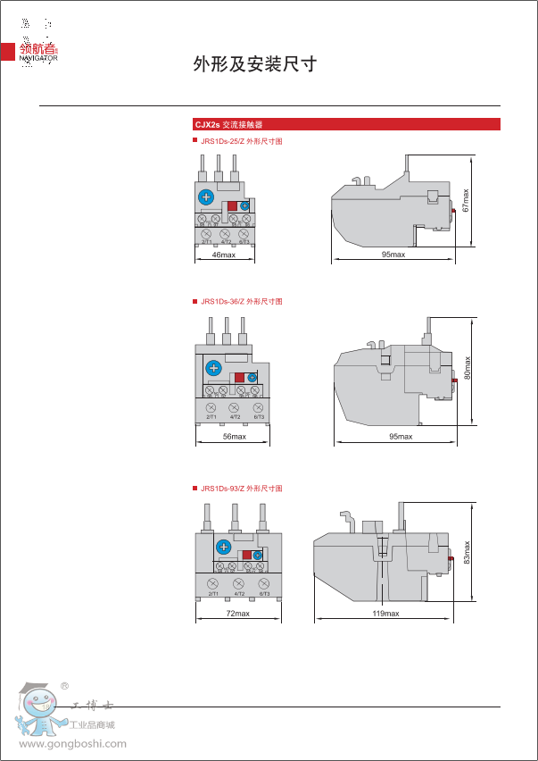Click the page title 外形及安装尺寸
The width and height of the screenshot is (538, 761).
255,64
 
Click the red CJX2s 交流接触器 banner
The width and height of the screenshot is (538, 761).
346,124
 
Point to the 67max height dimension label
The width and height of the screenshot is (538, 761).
466,198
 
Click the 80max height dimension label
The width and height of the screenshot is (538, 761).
467,368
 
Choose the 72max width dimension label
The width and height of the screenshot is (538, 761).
237,614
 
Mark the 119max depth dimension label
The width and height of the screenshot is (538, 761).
386,614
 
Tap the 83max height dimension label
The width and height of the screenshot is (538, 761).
467,550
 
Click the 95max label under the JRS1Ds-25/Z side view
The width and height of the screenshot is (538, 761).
393,255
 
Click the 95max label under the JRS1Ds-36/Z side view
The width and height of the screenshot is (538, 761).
401,437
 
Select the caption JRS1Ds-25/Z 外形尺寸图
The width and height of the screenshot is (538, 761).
241,141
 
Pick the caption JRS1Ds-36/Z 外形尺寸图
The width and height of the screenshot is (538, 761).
241,302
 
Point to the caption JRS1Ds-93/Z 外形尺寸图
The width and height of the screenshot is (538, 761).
241,489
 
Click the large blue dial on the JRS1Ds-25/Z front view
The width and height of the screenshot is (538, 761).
206,197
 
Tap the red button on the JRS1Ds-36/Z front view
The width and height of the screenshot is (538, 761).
240,378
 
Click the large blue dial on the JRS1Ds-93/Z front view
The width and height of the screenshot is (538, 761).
224,547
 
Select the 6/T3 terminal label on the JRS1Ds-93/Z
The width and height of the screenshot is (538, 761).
265,593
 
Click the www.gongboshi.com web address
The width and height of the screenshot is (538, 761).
73,744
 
